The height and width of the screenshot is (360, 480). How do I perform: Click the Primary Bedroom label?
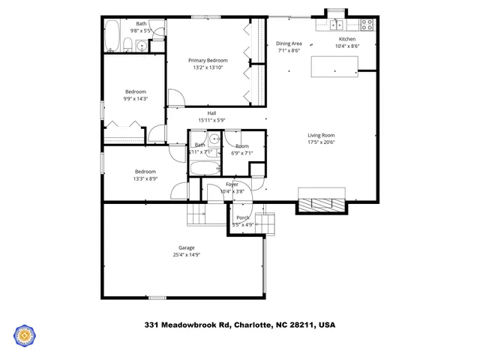coord(208,61)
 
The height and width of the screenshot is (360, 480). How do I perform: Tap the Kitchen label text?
coord(347,39)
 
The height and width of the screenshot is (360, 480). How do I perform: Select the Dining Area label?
coord(289,43)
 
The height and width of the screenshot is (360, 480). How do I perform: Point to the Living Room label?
coord(320,136)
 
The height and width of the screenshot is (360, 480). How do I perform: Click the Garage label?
coord(186,247)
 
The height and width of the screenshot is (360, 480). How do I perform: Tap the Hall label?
coord(211,113)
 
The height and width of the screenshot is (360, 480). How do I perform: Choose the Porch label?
coord(243,217)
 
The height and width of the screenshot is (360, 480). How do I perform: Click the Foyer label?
coord(232,184)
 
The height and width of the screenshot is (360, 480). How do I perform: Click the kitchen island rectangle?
coord(334,67)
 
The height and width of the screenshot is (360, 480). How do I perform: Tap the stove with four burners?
coord(367,24)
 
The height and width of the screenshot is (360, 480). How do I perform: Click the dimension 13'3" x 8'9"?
coord(145,178)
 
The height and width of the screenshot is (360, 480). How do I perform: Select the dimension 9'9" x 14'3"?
coord(136,98)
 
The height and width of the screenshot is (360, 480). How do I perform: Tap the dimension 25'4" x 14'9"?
coord(186,255)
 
